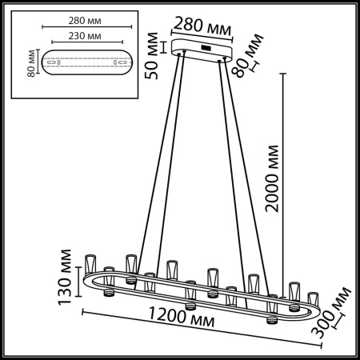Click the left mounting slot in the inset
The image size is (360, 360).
(x=51, y=62)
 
